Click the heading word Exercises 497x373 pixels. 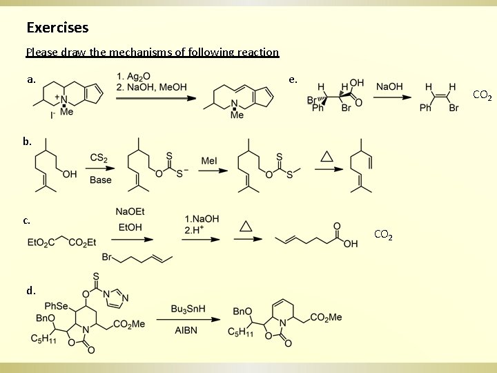pos(57,28)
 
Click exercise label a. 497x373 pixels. pos(31,79)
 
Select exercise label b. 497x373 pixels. pos(27,141)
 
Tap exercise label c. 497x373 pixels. pos(26,220)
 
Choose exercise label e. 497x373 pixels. pos(293,79)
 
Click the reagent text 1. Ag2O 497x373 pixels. pos(136,76)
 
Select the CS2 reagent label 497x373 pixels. pos(98,158)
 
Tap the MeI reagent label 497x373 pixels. pos(208,161)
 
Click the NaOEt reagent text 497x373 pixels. pos(131,211)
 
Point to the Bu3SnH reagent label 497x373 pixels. pos(187,309)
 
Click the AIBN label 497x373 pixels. pos(186,330)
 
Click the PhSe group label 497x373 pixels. pos(57,305)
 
